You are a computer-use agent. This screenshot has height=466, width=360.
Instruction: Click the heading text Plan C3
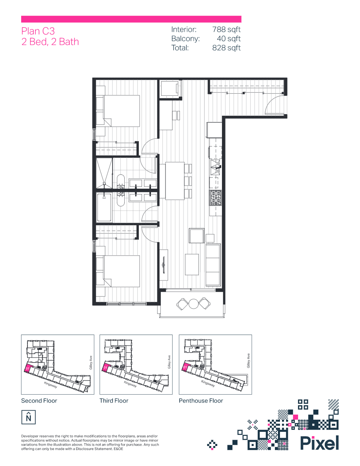tap(38, 31)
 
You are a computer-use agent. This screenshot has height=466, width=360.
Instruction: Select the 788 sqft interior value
tap(226, 29)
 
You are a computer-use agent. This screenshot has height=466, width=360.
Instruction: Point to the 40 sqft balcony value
tap(229, 38)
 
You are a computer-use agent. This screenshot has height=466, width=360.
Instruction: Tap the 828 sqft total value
tap(226, 48)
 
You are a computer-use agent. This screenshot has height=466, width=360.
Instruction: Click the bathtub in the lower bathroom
tap(104, 208)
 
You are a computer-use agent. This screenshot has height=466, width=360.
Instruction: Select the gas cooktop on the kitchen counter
tap(216, 197)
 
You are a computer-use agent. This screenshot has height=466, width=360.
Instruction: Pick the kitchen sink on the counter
tap(216, 167)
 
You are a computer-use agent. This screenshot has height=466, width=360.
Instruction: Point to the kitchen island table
tap(175, 181)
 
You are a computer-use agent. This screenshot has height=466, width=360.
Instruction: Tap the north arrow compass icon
tap(28, 417)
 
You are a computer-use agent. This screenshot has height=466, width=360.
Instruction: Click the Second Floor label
tap(39, 400)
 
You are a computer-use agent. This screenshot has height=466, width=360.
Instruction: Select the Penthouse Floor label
tap(201, 400)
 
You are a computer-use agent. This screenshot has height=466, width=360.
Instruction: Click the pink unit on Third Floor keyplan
tap(105, 368)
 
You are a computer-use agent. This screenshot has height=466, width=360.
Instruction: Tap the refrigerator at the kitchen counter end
tap(215, 129)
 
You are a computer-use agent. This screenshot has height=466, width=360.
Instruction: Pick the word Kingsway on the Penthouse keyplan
tap(208, 384)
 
